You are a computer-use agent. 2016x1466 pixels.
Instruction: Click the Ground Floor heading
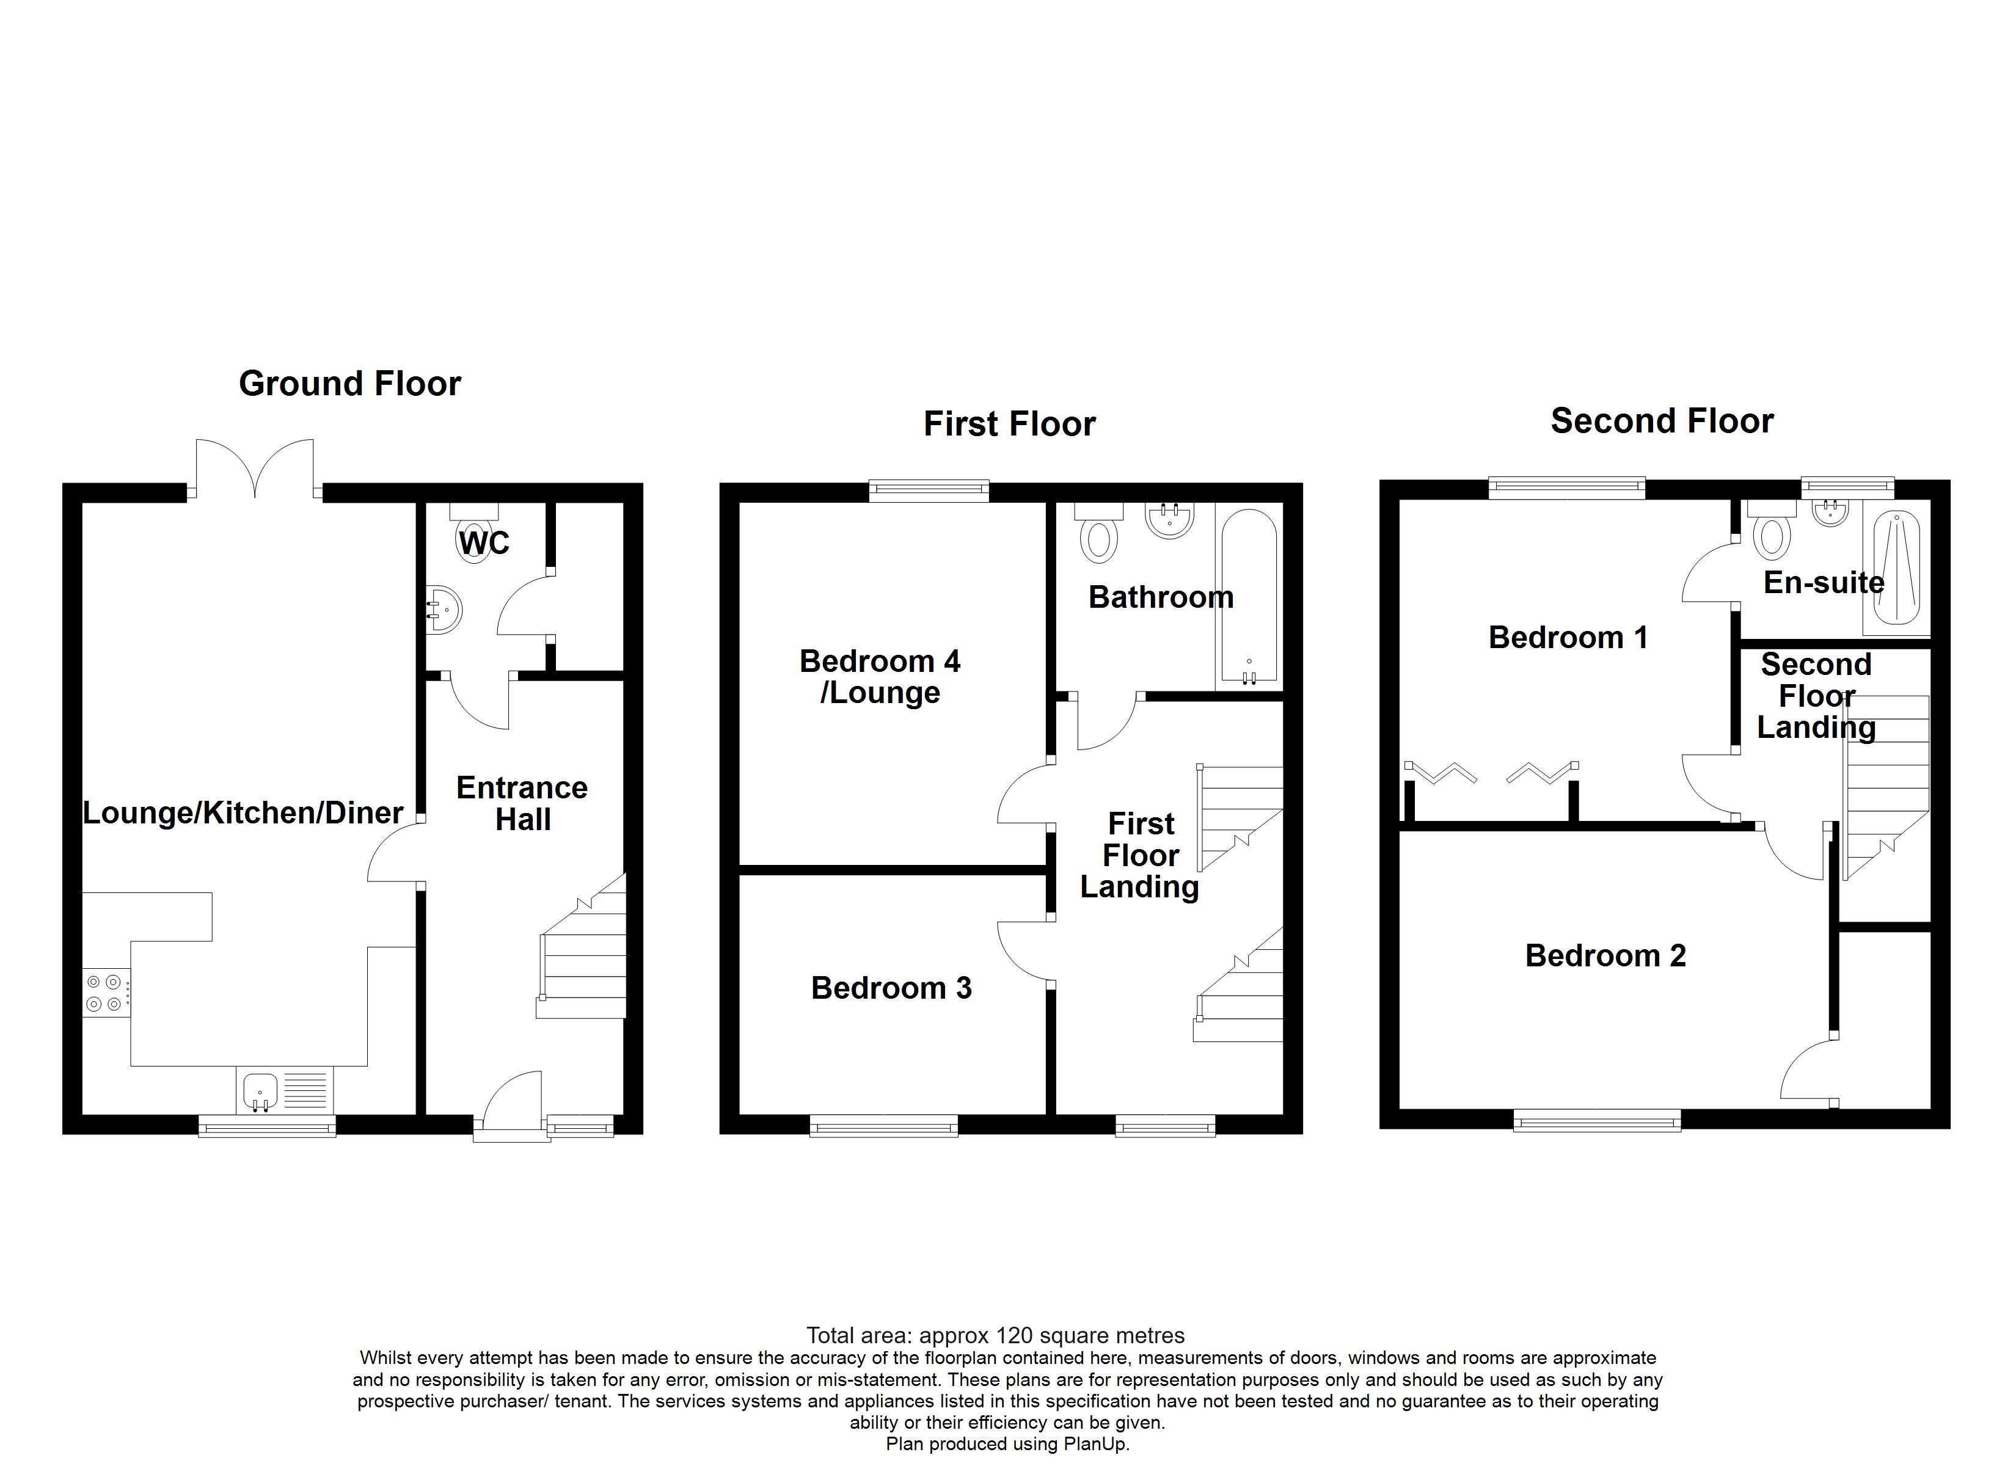coord(349,384)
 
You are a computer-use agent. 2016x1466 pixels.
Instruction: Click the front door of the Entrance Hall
coord(512,1103)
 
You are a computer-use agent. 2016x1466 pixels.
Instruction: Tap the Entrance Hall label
coord(522,803)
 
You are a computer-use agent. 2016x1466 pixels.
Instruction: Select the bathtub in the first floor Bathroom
coord(1249,596)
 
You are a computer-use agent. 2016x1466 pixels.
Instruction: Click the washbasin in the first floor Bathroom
coord(1169,520)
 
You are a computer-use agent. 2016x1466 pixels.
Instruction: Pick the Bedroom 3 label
coord(891,988)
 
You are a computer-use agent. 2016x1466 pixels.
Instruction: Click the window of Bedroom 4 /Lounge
coord(929,490)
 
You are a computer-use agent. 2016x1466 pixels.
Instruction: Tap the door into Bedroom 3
coord(1022,951)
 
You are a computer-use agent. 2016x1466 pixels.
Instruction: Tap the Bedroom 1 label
coord(1568,638)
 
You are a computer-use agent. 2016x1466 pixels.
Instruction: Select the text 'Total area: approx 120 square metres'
coord(995,1335)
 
